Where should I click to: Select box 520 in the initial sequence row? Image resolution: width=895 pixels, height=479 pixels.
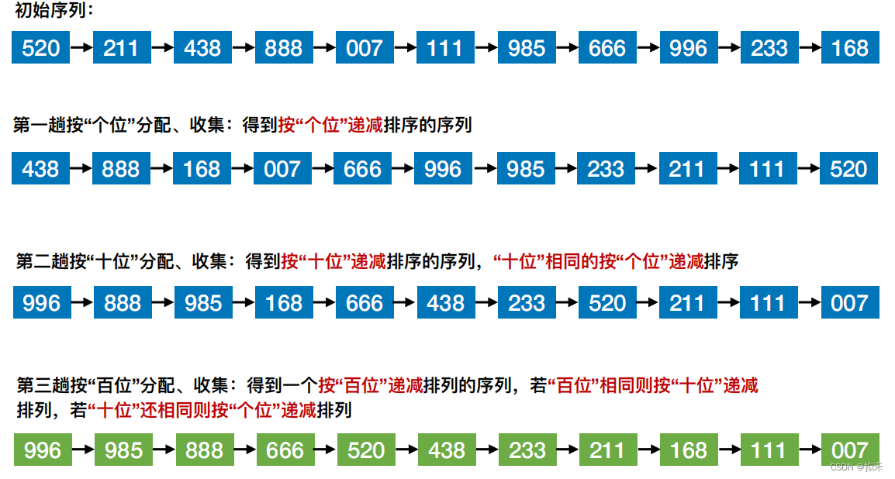click(x=41, y=47)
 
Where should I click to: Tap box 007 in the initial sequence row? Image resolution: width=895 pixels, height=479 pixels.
click(x=365, y=47)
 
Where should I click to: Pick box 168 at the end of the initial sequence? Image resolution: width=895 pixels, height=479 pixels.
click(x=850, y=47)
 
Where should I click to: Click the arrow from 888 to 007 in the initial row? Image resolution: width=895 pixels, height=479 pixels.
click(x=324, y=47)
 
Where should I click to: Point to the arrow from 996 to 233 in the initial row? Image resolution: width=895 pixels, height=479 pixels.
click(x=729, y=47)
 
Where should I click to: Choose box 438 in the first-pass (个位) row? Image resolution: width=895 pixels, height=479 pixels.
click(x=41, y=168)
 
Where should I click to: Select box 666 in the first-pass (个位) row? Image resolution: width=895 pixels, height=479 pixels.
click(x=363, y=168)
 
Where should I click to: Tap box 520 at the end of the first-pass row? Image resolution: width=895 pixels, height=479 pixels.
click(x=848, y=168)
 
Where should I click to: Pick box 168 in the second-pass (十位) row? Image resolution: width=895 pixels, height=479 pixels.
click(x=284, y=302)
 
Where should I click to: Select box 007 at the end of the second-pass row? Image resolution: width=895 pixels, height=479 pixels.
click(x=849, y=302)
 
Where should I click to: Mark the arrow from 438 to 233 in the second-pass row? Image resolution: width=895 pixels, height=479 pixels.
click(x=486, y=302)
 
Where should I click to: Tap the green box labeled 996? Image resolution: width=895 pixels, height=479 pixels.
click(x=43, y=450)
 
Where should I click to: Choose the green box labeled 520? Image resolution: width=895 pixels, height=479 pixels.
click(x=366, y=450)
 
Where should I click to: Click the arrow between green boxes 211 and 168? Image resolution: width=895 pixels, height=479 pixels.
click(x=648, y=450)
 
